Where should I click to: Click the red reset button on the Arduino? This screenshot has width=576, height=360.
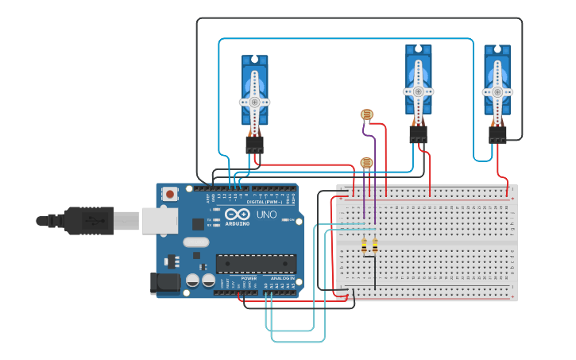click(x=170, y=193)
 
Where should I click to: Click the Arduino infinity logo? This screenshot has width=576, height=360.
click(x=238, y=215)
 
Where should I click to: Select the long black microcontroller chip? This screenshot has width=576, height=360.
click(x=256, y=263)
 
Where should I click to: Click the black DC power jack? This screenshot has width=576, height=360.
click(x=164, y=282)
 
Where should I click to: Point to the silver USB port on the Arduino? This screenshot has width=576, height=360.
click(x=160, y=220)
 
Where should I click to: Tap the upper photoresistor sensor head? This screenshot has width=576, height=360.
click(x=366, y=114)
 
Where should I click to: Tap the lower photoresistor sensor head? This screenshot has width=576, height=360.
click(x=366, y=163)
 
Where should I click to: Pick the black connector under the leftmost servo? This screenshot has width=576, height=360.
click(x=254, y=145)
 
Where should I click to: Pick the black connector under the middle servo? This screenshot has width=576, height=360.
click(x=418, y=134)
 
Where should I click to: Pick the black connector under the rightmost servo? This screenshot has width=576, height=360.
click(x=497, y=134)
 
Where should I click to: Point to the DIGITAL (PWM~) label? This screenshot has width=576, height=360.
click(x=261, y=202)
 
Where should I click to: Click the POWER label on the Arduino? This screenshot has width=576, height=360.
click(x=249, y=278)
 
